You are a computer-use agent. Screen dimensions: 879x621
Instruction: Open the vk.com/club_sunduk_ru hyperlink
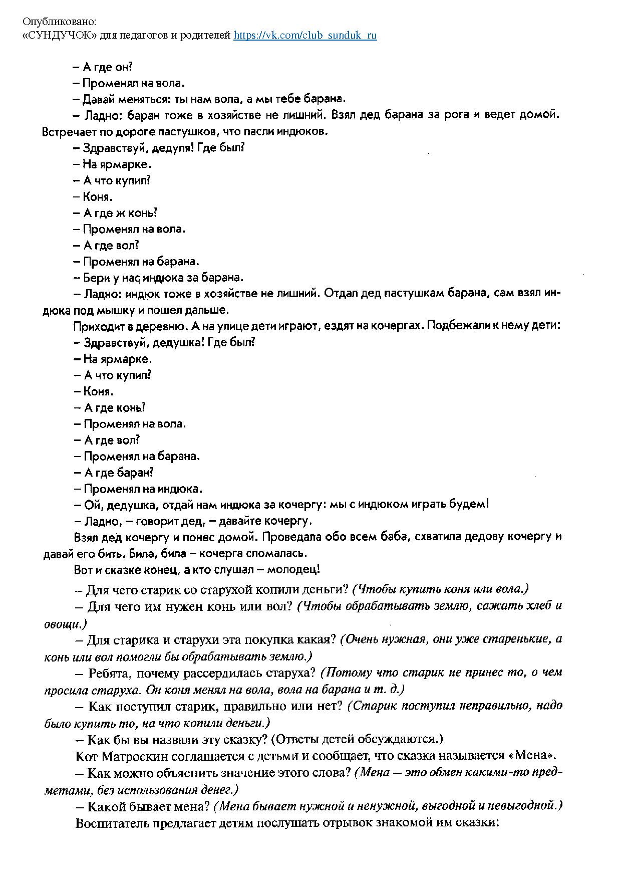click(x=305, y=35)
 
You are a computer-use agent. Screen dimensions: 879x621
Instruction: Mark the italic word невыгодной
click(x=526, y=806)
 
